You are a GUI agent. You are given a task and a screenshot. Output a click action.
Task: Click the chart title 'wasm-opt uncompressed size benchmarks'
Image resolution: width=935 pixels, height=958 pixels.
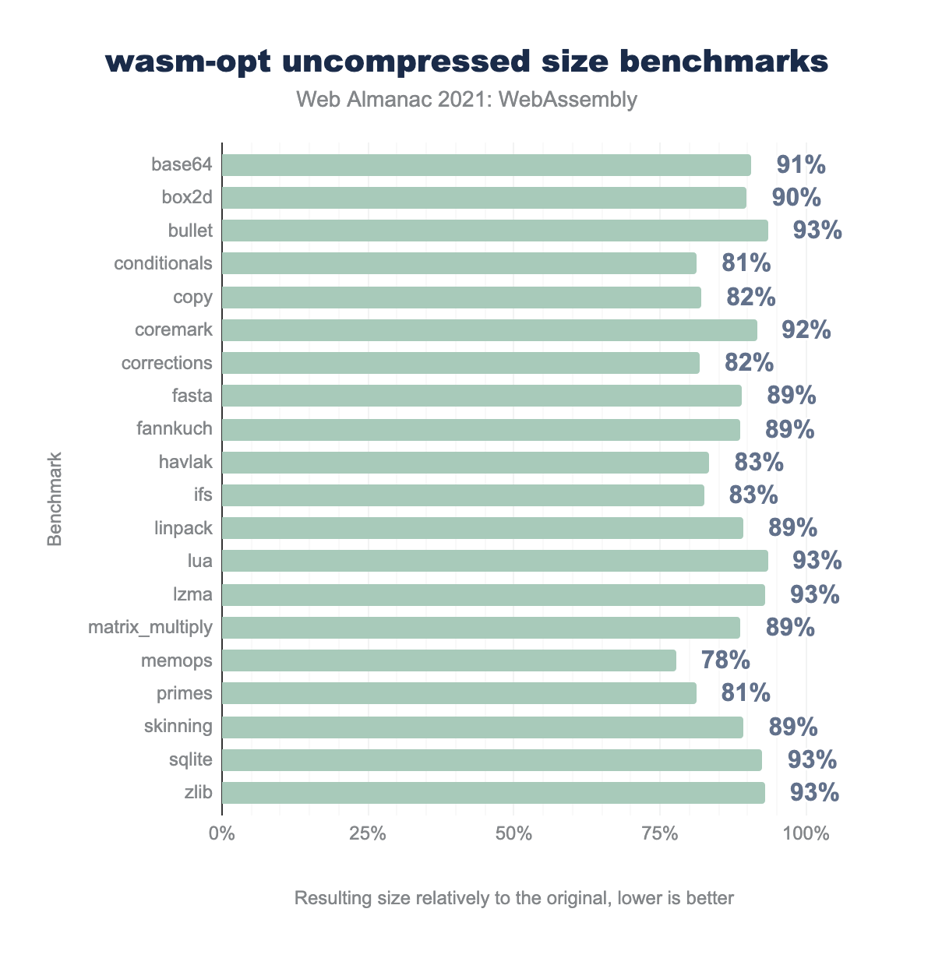[467, 62]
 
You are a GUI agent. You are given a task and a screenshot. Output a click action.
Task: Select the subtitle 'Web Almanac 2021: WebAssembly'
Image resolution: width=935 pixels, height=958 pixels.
[467, 100]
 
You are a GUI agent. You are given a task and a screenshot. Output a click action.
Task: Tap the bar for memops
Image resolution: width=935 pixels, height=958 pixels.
[449, 661]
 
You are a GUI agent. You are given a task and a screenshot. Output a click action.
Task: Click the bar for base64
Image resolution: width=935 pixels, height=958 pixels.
[486, 165]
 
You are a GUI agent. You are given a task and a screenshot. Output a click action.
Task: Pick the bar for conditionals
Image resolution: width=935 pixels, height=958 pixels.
[459, 263]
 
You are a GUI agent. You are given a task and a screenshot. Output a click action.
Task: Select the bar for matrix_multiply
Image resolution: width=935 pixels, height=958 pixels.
[481, 628]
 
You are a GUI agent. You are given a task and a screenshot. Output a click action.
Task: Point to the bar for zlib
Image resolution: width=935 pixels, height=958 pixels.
[493, 793]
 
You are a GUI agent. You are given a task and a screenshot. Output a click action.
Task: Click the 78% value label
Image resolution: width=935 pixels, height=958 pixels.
[725, 661]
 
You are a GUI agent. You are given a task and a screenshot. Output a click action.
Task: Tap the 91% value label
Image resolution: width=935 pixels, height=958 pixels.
[801, 165]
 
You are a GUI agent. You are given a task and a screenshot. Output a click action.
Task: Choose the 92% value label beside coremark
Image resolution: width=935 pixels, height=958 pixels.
[806, 330]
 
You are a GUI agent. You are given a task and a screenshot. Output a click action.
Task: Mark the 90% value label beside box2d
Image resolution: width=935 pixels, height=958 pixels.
[796, 198]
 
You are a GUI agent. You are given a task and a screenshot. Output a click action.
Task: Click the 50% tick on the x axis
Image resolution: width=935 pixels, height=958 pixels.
[514, 834]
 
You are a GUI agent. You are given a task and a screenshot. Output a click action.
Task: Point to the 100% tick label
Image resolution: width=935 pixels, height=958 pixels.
[806, 834]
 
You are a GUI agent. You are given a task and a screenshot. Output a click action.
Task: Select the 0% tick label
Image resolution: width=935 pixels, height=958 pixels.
[222, 834]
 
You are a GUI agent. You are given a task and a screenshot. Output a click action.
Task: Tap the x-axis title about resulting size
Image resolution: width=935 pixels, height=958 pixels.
[514, 898]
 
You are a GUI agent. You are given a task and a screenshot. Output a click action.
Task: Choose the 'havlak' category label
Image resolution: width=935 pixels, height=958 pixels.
[185, 463]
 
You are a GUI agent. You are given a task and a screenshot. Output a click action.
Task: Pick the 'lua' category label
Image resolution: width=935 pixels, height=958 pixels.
[199, 562]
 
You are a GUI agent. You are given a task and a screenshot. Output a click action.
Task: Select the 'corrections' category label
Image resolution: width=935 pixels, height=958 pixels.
[167, 363]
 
